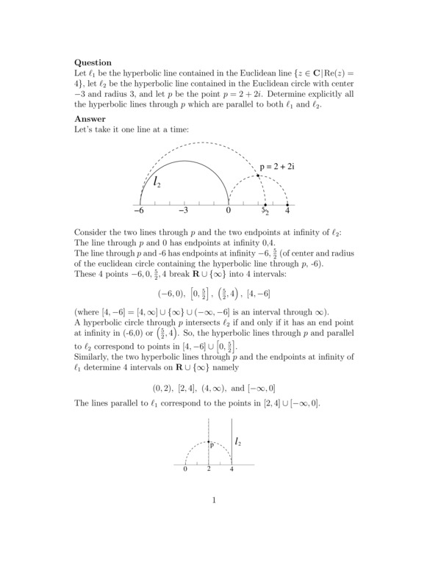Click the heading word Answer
tap(90, 119)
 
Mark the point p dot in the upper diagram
tap(258, 176)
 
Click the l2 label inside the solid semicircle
tap(159, 181)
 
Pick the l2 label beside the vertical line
tap(239, 441)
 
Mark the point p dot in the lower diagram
tap(209, 441)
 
